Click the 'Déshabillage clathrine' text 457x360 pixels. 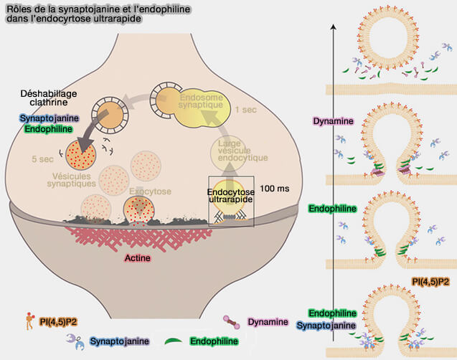[48, 98]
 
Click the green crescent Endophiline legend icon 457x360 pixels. [174, 341]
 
